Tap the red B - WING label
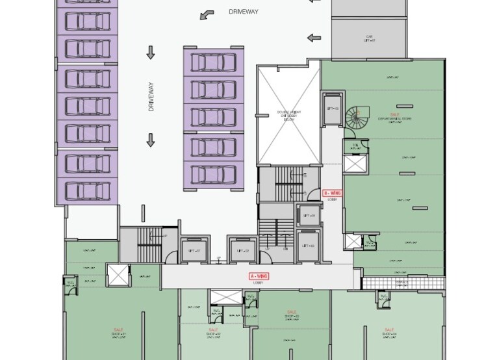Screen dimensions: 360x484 [333, 194]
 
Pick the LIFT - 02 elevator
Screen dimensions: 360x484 [243, 250]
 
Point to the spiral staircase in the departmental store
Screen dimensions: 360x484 [356, 117]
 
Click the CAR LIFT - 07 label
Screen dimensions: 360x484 [370, 38]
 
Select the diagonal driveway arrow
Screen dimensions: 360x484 [207, 14]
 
